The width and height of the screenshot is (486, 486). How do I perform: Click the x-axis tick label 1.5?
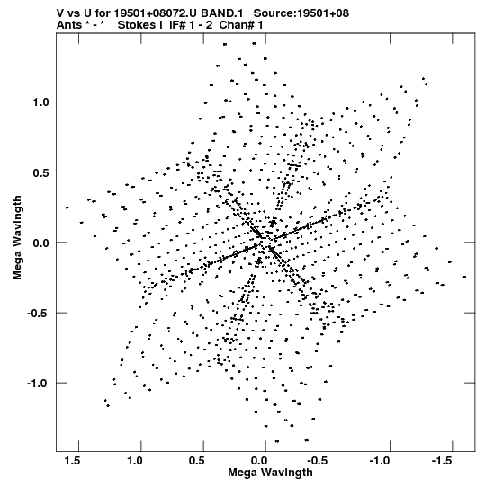pyautogui.click(x=73, y=461)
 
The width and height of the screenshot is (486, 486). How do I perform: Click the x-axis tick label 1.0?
pyautogui.click(x=135, y=461)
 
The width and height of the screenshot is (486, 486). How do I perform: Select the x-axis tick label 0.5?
pyautogui.click(x=197, y=461)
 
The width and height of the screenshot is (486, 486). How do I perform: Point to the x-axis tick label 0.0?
pyautogui.click(x=259, y=461)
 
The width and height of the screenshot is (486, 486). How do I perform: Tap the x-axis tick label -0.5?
pyautogui.click(x=319, y=461)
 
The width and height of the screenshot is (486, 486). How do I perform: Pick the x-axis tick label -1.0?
pyautogui.click(x=381, y=461)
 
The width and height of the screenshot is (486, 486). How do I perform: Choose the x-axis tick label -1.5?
pyautogui.click(x=443, y=461)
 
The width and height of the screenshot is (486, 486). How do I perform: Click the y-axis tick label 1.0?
pyautogui.click(x=41, y=102)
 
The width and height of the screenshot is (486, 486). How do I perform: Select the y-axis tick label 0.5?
pyautogui.click(x=41, y=172)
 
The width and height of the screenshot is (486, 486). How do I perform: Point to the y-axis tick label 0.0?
pyautogui.click(x=41, y=243)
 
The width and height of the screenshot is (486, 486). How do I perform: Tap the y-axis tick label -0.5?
pyautogui.click(x=38, y=313)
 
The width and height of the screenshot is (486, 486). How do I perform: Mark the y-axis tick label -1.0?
pyautogui.click(x=38, y=384)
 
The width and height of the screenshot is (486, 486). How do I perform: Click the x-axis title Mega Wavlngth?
pyautogui.click(x=270, y=473)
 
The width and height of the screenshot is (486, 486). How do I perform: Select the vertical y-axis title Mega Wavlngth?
pyautogui.click(x=17, y=238)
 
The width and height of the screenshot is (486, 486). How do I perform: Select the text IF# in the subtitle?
pyautogui.click(x=177, y=25)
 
